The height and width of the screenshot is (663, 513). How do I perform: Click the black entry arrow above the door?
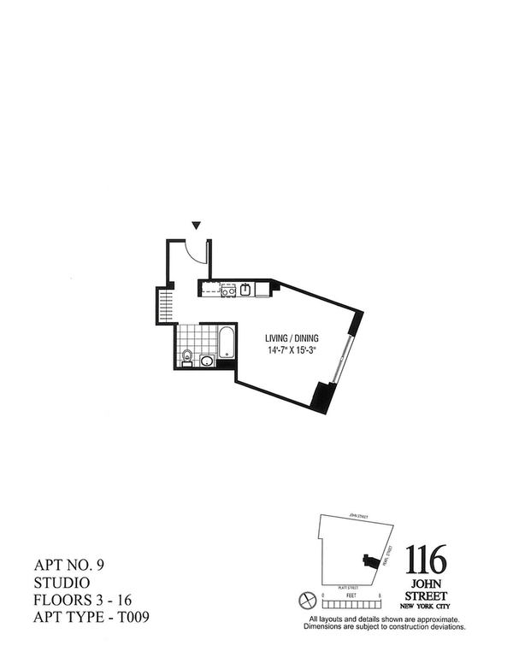pyautogui.click(x=197, y=226)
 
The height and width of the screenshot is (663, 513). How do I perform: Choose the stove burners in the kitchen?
pyautogui.click(x=227, y=290)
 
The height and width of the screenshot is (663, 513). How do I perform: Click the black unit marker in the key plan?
pyautogui.click(x=369, y=561)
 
